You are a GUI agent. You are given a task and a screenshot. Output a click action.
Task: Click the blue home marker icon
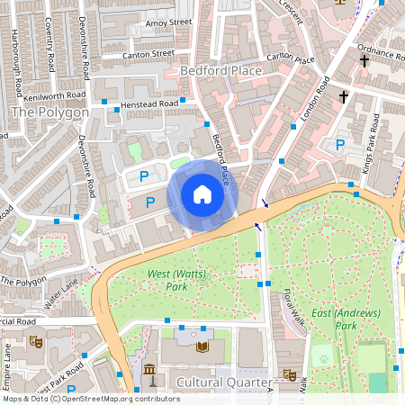coord(202,194)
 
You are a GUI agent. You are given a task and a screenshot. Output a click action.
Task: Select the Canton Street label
coord(149,54)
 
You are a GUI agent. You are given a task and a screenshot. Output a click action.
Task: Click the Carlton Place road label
coord(292,60)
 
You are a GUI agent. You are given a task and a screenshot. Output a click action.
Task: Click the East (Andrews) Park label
coord(345,319)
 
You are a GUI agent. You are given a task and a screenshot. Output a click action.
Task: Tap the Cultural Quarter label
coord(223,382)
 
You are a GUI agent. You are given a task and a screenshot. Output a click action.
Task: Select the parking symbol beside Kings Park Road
coord(339,145)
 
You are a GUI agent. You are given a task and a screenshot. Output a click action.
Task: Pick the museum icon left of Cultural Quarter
coord(150,372)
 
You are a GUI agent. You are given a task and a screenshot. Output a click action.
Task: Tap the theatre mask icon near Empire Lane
coord(37,341)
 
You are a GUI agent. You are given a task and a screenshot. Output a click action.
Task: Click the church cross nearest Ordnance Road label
coord(364,61)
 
